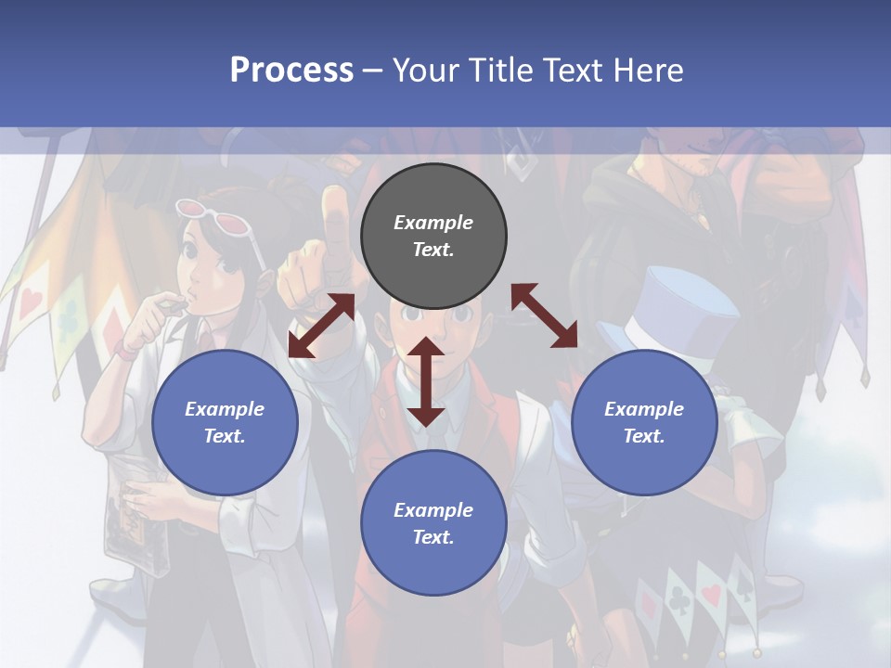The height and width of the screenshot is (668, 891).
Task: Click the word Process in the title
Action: click(291, 70)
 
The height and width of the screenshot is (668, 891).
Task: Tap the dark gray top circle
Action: click(433, 237)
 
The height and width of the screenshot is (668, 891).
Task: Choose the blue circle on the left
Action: click(225, 423)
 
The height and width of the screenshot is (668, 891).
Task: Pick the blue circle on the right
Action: click(644, 423)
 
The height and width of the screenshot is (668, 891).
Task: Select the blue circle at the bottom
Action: click(433, 523)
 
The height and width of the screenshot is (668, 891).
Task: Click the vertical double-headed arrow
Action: click(426, 381)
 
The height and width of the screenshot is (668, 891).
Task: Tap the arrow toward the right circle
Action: click(545, 315)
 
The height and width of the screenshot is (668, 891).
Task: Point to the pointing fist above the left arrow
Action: click(314, 260)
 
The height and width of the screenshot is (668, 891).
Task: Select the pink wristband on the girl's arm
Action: click(127, 351)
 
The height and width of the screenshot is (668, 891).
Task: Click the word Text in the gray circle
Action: click(433, 250)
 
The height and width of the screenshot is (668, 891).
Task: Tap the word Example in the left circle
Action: click(225, 409)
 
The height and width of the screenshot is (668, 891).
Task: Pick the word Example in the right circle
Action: click(644, 409)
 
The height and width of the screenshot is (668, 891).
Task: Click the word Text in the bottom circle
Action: click(433, 537)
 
